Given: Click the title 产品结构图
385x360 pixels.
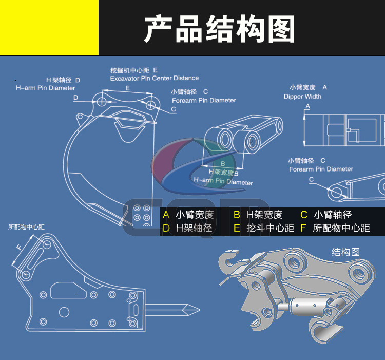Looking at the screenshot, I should (219, 29).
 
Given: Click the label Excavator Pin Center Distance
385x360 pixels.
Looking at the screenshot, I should (154, 78).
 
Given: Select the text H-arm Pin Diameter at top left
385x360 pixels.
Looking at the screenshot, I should (46, 88).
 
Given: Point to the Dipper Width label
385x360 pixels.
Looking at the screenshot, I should (302, 97).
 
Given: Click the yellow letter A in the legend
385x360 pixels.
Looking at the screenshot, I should (166, 215).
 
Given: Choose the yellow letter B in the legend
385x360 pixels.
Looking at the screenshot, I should (237, 215).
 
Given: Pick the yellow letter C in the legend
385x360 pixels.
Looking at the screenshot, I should (303, 215).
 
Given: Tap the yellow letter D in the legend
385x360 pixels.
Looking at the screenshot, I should (166, 228).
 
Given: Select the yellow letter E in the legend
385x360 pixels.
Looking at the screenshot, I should (237, 228).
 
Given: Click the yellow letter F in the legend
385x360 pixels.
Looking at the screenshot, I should (303, 228).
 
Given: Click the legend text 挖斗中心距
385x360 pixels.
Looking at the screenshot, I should (270, 228).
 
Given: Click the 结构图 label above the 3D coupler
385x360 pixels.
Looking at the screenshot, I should (345, 252).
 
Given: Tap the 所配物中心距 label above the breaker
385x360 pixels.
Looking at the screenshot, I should (26, 226).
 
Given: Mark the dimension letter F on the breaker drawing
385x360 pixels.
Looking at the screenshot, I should (19, 248).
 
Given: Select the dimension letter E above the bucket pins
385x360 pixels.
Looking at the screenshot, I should (127, 88).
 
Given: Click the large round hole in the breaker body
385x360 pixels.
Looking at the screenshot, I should (64, 312).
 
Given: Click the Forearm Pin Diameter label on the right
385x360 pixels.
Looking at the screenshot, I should (321, 169).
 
